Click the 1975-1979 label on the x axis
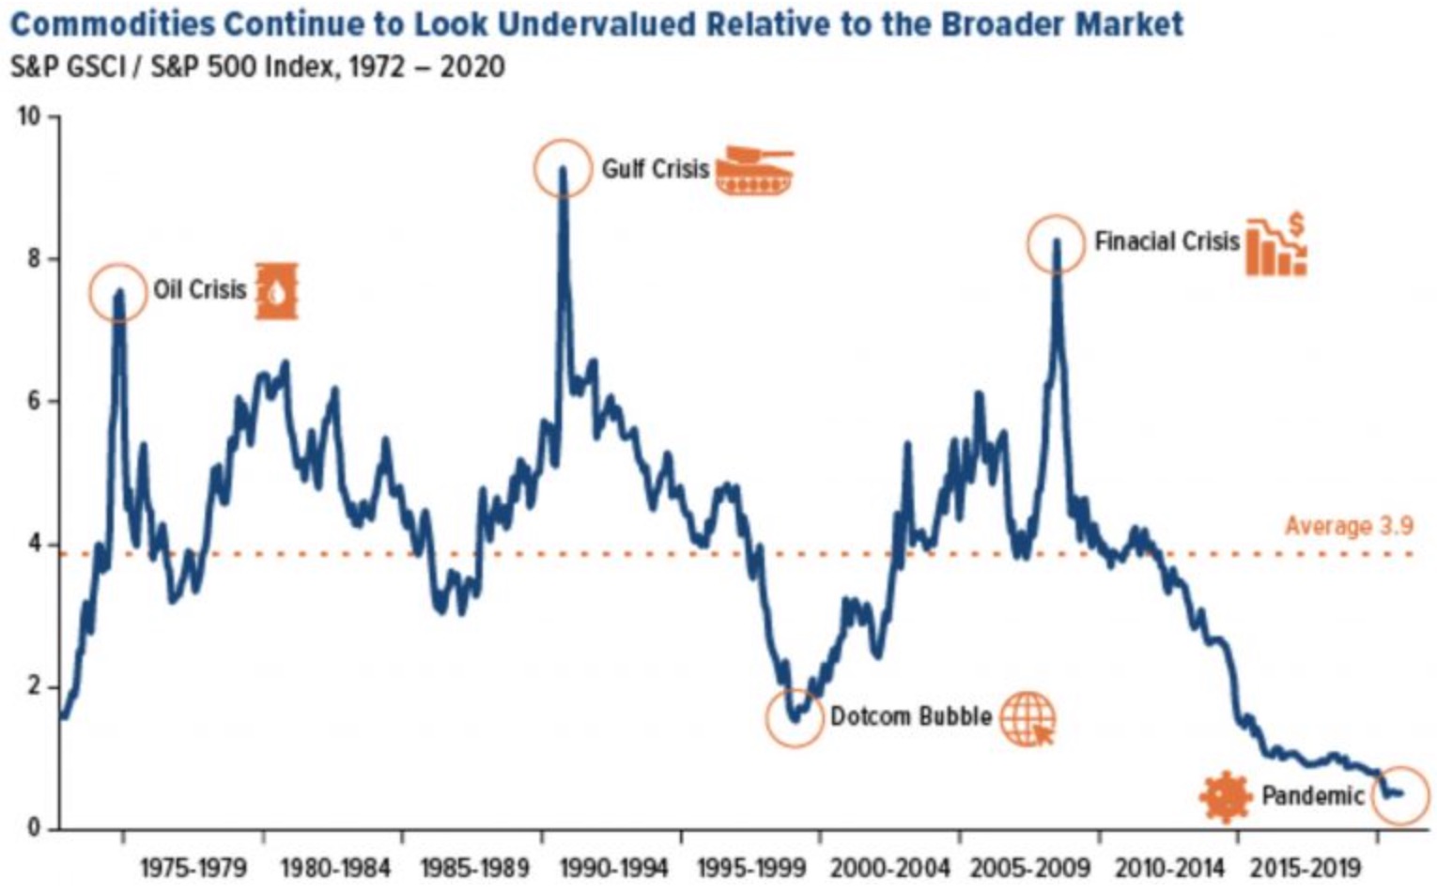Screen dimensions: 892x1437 tap(193, 867)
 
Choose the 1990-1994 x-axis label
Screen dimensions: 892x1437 tap(613, 867)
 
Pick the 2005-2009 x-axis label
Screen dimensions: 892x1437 tap(1028, 867)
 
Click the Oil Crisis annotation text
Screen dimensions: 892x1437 tap(200, 289)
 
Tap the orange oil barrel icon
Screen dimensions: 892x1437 tap(277, 291)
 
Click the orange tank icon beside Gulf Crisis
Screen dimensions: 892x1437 tap(754, 170)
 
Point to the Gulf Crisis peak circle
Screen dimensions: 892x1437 tap(563, 168)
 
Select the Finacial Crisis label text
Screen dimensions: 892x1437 tap(1167, 241)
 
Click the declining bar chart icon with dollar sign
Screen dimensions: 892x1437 tap(1276, 246)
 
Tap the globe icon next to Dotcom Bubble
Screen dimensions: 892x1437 tap(1027, 718)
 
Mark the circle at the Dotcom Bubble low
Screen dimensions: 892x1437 tap(795, 718)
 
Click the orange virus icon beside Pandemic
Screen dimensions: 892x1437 tap(1226, 796)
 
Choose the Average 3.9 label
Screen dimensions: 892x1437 tap(1349, 526)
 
